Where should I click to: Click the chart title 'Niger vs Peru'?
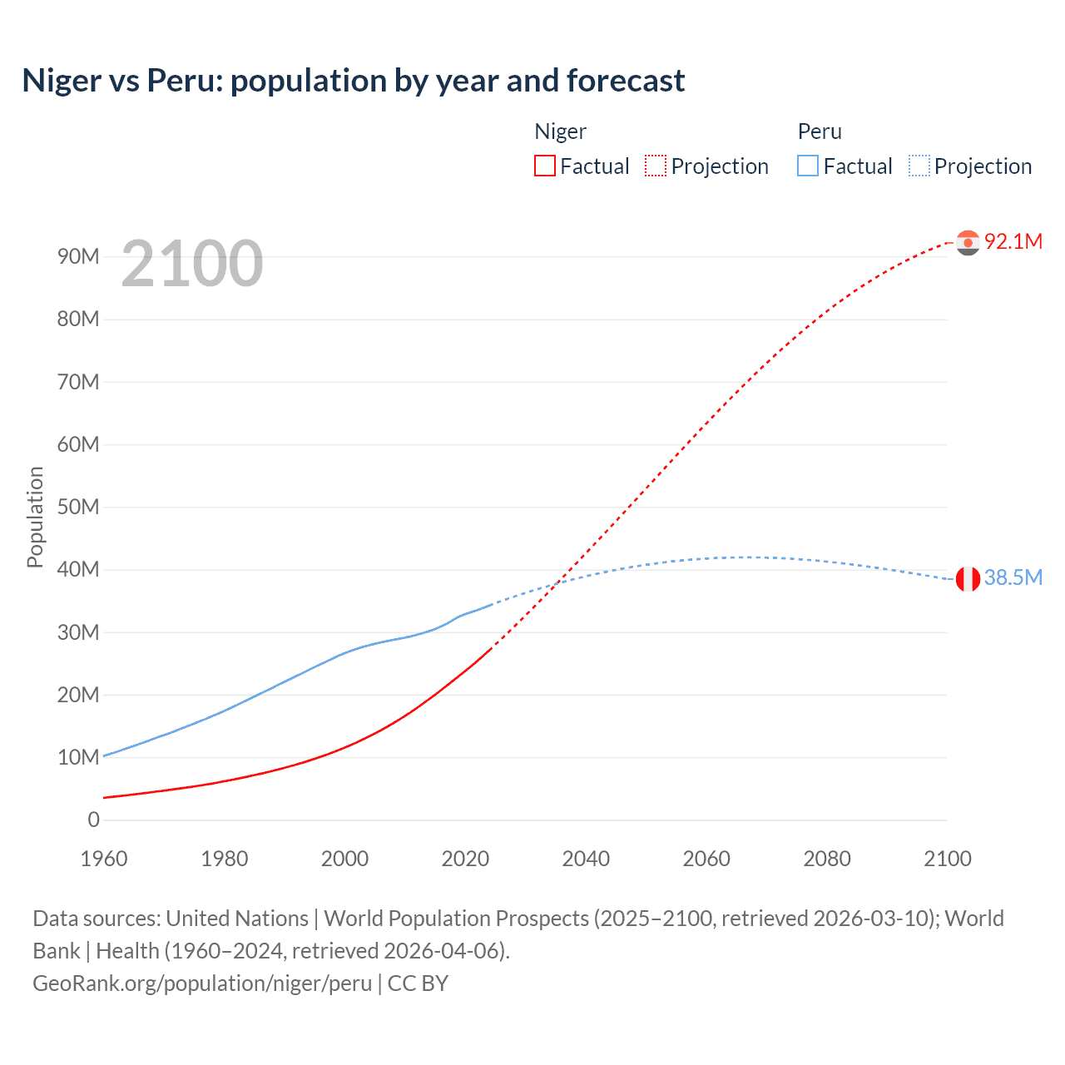point(353,81)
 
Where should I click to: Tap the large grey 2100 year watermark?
point(192,264)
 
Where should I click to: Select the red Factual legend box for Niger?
point(544,166)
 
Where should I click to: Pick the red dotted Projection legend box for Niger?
point(656,166)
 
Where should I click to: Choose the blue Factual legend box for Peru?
point(807,166)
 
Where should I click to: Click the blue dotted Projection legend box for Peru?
point(919,166)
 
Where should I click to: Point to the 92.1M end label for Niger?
point(1013,241)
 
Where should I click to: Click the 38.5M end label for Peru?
point(1013,577)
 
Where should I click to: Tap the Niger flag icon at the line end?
point(968,242)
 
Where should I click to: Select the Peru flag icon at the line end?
point(968,578)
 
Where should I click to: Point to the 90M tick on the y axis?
point(78,256)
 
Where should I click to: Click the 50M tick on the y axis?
point(78,507)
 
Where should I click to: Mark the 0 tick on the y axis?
point(93,820)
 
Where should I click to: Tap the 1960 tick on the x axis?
point(104,859)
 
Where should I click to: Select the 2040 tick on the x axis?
point(586,859)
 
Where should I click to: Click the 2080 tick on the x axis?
point(827,859)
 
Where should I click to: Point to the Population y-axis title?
point(35,517)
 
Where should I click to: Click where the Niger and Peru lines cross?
point(556,582)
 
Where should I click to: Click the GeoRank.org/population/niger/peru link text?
point(202,983)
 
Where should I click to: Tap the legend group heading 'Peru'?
point(820,131)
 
